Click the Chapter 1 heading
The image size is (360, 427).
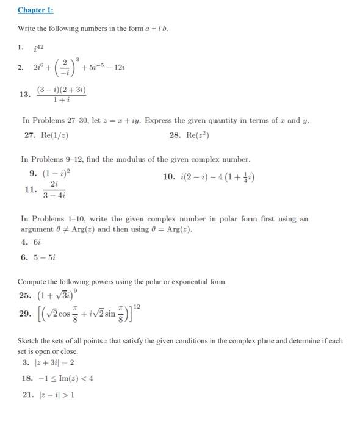[x=35, y=10]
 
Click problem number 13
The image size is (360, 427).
[x=24, y=95]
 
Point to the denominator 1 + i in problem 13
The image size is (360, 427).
[x=61, y=100]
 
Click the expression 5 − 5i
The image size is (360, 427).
[x=46, y=257]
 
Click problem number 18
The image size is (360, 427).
[x=27, y=379]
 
